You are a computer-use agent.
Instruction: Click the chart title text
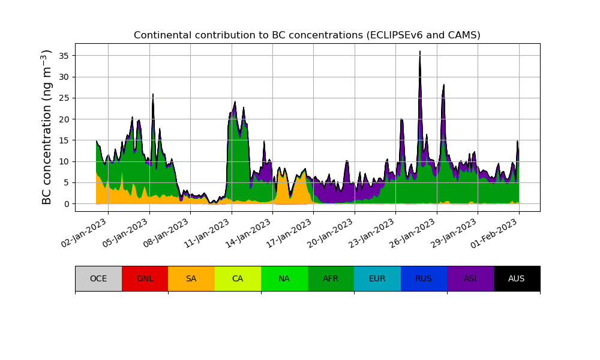coord(307,35)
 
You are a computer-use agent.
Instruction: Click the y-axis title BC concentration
coord(47,127)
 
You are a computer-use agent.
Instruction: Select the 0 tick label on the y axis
coord(67,203)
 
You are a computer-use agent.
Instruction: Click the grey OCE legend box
coord(98,278)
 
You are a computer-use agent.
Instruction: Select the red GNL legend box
coord(145,278)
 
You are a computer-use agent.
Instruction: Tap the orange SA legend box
coord(191,278)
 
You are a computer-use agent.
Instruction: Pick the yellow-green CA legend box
coord(238,278)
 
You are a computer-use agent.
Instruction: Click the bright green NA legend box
coord(284,278)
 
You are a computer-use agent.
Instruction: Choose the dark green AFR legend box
coord(331,278)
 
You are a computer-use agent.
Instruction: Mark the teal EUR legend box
coord(377,278)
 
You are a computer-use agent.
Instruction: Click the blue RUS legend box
coord(424,278)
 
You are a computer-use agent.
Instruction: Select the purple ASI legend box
coord(470,278)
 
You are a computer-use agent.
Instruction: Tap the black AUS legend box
coord(517,278)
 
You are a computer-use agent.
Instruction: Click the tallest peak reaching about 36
coord(420,52)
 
